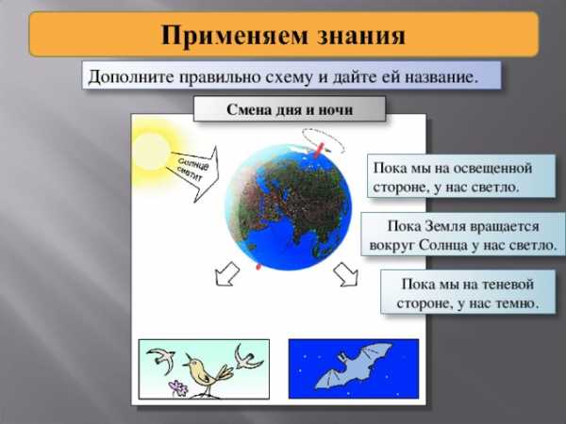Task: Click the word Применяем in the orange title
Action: point(234,35)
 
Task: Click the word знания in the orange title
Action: point(361,35)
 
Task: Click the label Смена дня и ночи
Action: point(290,109)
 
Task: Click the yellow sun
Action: point(152,152)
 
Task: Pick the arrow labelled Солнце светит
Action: point(193,173)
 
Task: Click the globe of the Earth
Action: point(288,207)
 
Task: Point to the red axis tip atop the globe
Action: point(318,150)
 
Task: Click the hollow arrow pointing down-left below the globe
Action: point(226,274)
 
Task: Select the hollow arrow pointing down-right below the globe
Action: point(346,275)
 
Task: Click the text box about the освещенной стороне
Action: point(461,176)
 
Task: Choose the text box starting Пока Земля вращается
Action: point(463,235)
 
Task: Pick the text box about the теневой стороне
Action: point(468,292)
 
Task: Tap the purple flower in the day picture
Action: point(178,388)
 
